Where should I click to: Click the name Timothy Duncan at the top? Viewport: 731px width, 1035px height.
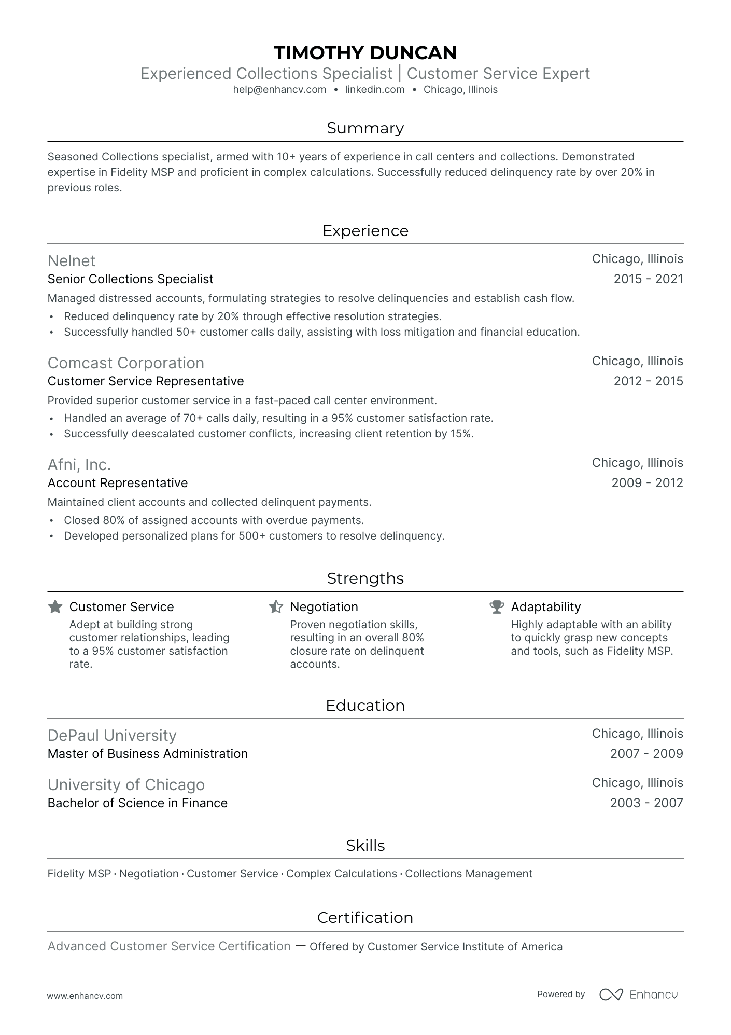365,52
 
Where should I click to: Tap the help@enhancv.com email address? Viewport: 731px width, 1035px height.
279,89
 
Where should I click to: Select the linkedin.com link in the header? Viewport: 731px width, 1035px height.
374,89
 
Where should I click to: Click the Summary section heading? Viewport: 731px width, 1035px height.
365,128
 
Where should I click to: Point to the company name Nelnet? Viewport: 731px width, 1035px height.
72,260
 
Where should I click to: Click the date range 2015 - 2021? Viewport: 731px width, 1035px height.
648,279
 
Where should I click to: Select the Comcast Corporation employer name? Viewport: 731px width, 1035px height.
125,363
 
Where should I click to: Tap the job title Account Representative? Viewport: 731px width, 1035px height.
118,483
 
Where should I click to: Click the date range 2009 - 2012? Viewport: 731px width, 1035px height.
647,483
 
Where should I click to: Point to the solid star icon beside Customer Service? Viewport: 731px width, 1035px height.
55,606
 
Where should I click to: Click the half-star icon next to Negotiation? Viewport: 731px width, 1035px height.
276,606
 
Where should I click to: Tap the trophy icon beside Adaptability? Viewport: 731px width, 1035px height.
497,606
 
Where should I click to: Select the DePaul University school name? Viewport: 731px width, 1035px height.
112,735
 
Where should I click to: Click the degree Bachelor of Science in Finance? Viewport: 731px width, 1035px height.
137,803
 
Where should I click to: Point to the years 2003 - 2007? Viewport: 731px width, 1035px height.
646,803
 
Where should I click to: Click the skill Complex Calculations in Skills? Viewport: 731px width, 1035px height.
341,874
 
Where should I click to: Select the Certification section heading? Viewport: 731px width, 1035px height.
365,918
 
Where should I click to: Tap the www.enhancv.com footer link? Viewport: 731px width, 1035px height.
85,996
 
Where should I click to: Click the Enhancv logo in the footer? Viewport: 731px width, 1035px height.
638,995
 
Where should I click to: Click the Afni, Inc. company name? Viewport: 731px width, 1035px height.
79,464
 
